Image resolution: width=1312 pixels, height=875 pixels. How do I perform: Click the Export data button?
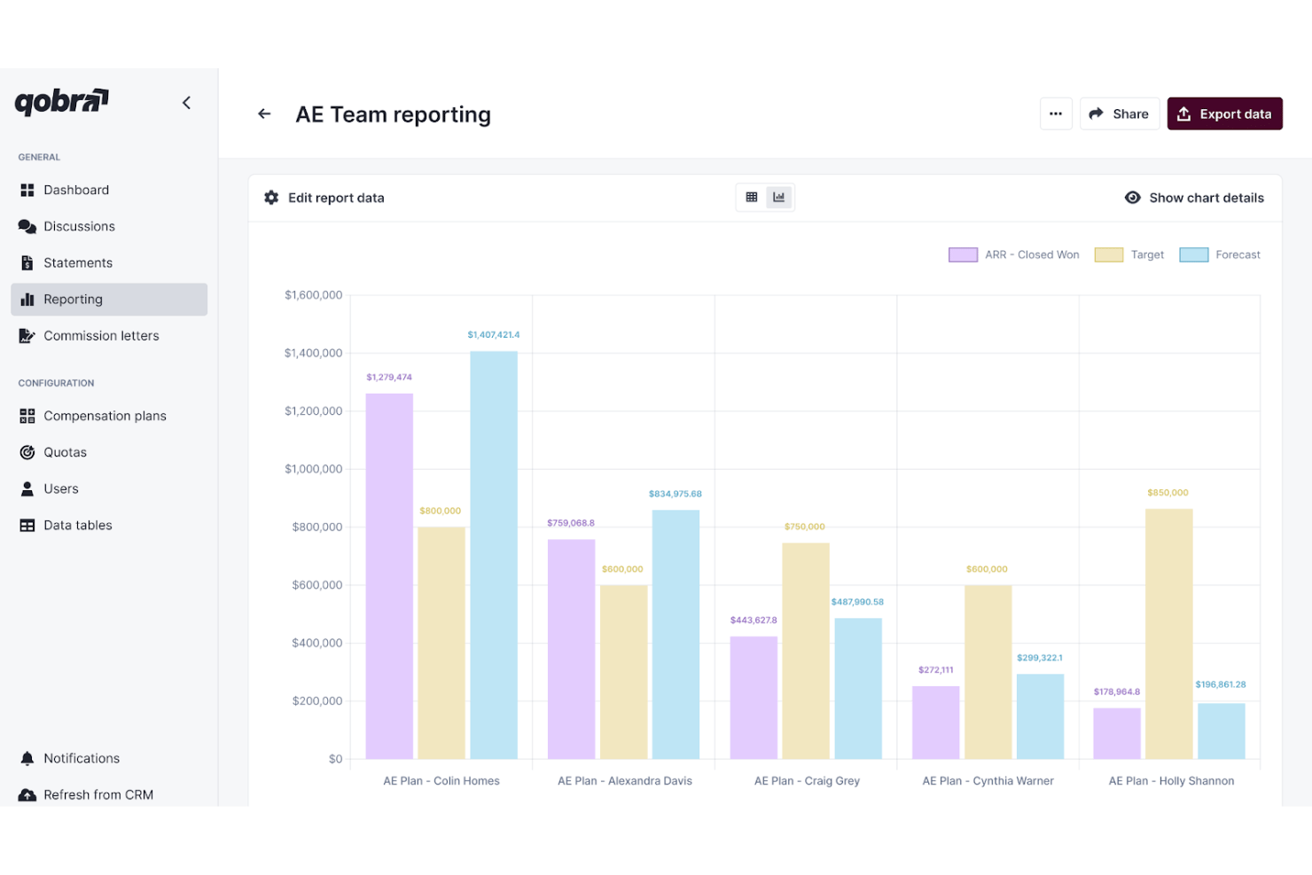click(x=1224, y=113)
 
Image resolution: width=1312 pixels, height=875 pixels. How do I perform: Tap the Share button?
click(x=1119, y=113)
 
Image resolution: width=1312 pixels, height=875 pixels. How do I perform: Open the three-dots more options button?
click(x=1056, y=113)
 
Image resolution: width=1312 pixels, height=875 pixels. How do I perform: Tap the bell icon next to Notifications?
click(x=27, y=758)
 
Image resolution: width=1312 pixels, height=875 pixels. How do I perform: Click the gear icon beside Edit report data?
click(x=271, y=198)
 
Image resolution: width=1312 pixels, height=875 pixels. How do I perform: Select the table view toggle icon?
click(x=752, y=197)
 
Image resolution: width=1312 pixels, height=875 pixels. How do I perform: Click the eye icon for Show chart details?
click(x=1132, y=198)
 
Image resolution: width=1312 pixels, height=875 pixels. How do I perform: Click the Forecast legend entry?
click(x=1220, y=254)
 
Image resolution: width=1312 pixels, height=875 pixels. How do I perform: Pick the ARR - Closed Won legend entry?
click(x=1014, y=254)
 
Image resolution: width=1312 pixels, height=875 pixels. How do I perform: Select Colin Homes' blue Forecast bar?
click(x=494, y=555)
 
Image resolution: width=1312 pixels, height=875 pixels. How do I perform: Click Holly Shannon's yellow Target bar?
click(x=1169, y=634)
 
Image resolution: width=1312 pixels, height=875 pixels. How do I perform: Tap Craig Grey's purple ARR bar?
click(x=754, y=698)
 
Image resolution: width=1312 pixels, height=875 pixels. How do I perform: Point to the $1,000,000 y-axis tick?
click(x=313, y=469)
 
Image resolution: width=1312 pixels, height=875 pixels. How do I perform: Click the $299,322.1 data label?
click(x=1040, y=658)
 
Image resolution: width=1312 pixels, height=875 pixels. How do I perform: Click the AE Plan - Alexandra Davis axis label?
click(x=624, y=781)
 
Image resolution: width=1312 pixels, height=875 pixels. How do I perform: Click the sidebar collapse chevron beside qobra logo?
click(x=186, y=103)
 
